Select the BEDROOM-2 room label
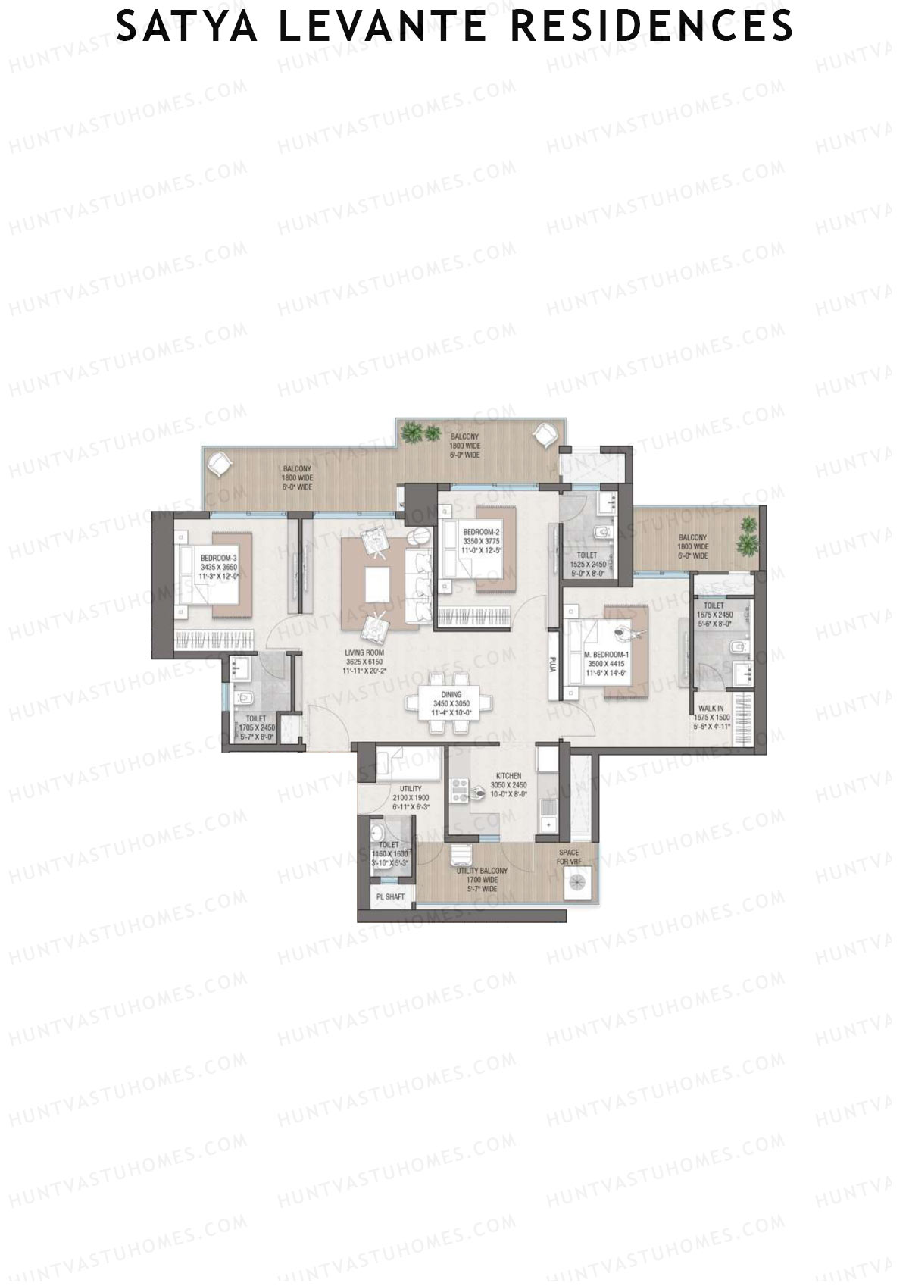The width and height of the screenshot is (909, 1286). tap(481, 532)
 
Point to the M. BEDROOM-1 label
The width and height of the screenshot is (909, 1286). tap(607, 655)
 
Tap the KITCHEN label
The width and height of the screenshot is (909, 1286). tap(508, 776)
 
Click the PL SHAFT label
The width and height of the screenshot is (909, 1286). tap(391, 897)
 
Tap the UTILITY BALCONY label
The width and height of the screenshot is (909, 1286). tap(482, 871)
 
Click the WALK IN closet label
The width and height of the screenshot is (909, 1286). tap(711, 709)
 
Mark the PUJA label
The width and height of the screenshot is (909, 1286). tap(554, 664)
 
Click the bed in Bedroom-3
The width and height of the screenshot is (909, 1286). tap(205, 578)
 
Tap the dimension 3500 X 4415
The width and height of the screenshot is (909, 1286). tap(607, 664)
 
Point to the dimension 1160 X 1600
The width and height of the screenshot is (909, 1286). tap(389, 853)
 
